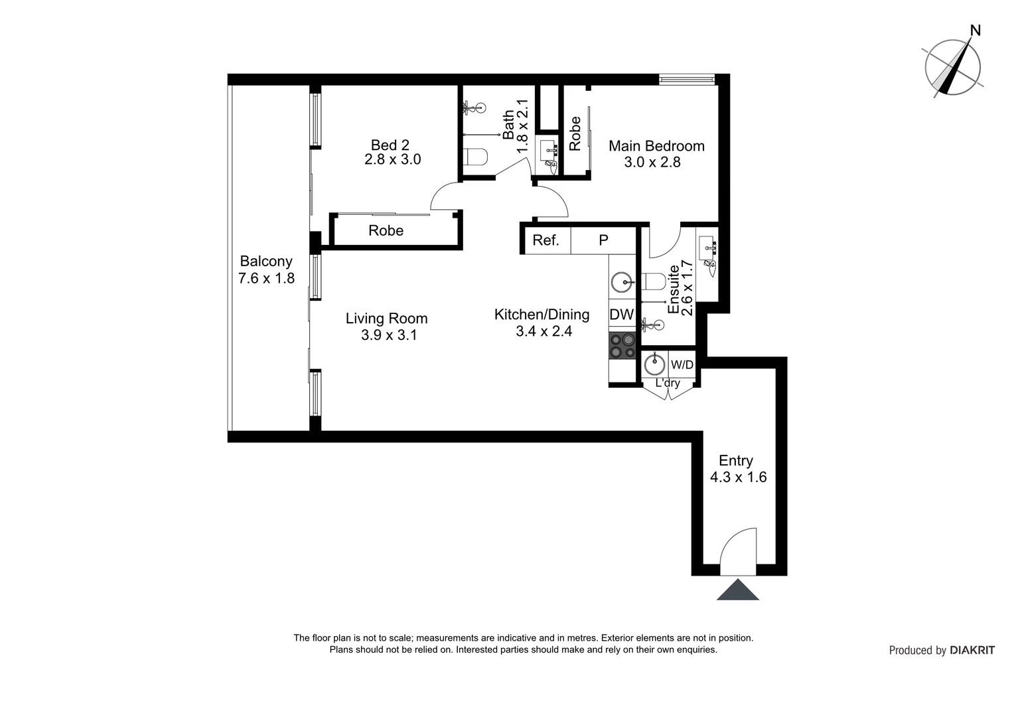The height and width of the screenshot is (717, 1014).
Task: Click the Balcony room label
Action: pos(266,262)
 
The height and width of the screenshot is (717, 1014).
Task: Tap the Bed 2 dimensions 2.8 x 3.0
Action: pos(392,160)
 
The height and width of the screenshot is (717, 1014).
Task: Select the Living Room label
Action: pos(386,319)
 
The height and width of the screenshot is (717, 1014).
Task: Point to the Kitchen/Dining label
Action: pos(542,315)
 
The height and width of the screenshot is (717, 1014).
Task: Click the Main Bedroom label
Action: pos(656,146)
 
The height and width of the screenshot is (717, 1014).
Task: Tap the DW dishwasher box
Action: pos(622,315)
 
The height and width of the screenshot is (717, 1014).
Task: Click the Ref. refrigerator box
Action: pos(545,240)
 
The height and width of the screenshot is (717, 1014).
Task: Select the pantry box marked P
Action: pos(603,240)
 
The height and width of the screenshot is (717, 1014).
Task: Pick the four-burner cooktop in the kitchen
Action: pos(622,346)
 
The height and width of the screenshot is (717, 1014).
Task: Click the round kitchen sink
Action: pos(622,282)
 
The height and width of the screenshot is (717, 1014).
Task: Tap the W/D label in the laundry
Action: pos(682,364)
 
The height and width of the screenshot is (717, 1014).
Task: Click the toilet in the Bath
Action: pos(476,157)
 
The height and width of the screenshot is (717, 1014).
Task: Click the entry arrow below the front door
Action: pos(737,590)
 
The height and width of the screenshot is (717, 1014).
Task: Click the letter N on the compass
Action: pos(975,31)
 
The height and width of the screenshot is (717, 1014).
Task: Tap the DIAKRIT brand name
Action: pos(972,651)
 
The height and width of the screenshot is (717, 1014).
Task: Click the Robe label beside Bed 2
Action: pos(386,231)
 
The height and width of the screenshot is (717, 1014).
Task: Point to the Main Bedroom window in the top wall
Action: pos(686,80)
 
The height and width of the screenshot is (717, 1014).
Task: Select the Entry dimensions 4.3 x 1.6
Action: pos(738,477)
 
